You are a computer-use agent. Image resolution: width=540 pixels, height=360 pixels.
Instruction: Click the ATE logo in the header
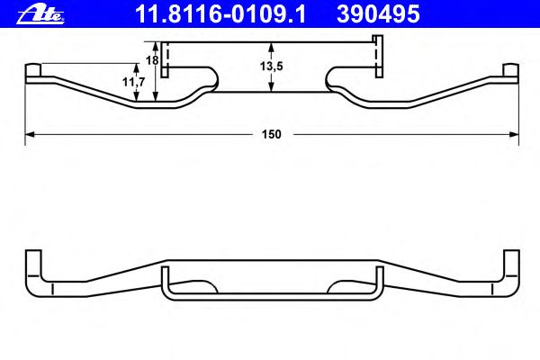coord(40,15)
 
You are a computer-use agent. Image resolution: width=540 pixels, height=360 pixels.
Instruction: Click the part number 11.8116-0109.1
coord(220,14)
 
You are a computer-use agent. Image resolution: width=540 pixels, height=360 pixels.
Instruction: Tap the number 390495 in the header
coord(378,14)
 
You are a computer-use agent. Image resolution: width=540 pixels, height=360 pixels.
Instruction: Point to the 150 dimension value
coord(272,134)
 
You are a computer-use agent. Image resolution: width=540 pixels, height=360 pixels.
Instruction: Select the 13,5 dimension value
coord(272,66)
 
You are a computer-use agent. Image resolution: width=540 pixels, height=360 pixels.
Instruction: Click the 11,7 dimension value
coord(133,82)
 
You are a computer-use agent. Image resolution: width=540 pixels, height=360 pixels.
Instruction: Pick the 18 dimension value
coord(152,60)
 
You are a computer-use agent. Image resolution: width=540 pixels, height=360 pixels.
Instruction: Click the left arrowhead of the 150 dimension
coord(30,134)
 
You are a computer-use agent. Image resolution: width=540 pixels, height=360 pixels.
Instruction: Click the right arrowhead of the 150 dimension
coord(514,134)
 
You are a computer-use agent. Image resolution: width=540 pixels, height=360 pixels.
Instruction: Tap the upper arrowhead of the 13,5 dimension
coord(272,47)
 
